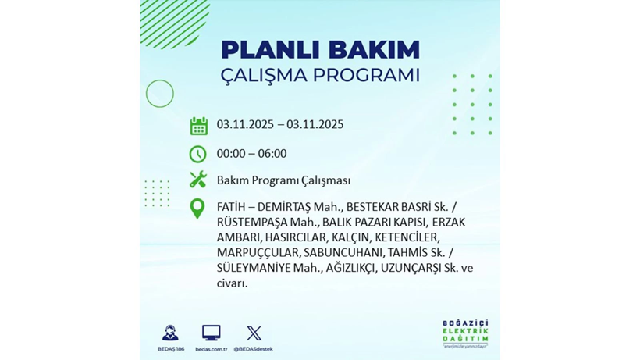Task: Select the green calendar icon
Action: tap(198, 125)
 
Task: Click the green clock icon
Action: tap(198, 154)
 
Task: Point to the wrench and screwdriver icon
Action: tap(198, 180)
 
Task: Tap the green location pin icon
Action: tap(198, 209)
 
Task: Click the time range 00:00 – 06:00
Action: tap(251, 154)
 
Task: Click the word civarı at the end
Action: tap(232, 283)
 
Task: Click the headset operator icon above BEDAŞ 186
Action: tap(170, 333)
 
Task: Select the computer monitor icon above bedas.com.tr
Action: tap(211, 333)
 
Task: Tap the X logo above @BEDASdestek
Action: tap(254, 333)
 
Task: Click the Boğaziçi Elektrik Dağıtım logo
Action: tap(465, 334)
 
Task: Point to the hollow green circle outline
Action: tap(159, 94)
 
